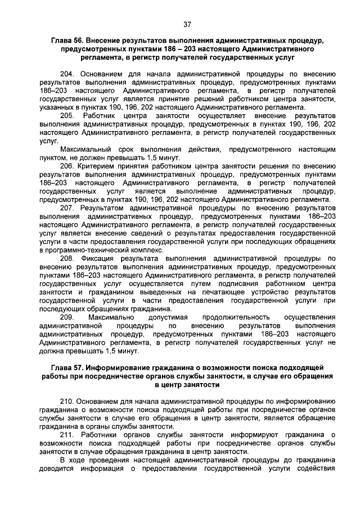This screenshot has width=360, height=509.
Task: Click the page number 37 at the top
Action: [x=188, y=24]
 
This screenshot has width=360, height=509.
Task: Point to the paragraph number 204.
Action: [x=66, y=74]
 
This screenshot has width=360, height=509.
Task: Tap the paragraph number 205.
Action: [x=66, y=115]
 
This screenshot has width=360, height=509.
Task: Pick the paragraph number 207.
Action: [x=66, y=208]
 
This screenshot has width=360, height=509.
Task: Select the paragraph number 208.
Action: [x=66, y=258]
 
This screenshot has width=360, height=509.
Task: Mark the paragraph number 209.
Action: [x=66, y=317]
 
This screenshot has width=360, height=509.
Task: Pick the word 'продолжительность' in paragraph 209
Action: [x=227, y=317]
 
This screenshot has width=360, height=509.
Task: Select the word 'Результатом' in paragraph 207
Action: [x=103, y=208]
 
